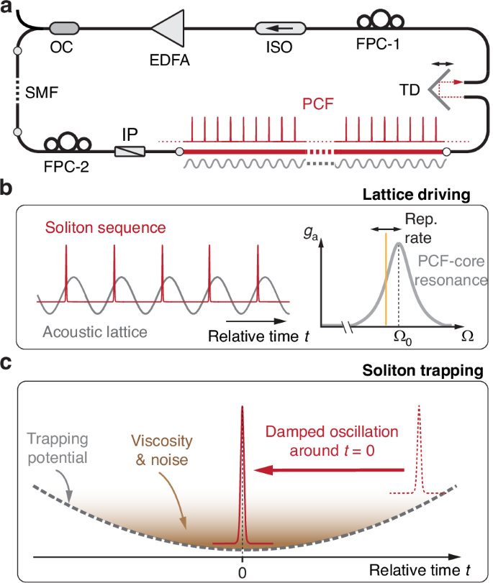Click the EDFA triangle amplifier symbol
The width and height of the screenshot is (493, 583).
[x=169, y=31]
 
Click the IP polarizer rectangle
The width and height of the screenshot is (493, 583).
[x=130, y=151]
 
